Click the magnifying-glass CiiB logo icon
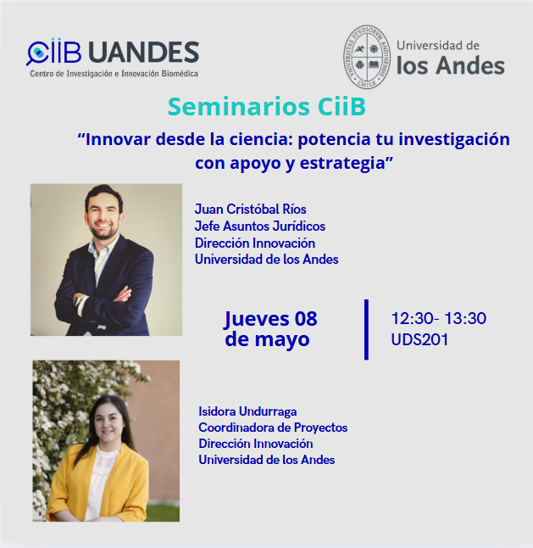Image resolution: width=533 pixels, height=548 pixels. coord(37,53)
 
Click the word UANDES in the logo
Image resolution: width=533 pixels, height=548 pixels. coord(143,53)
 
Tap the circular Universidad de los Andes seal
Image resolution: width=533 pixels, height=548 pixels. coord(367,56)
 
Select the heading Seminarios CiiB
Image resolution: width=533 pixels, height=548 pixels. coord(267,106)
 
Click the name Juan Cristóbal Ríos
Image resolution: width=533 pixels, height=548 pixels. coord(250,209)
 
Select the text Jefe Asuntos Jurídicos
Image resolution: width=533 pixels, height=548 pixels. coord(260,226)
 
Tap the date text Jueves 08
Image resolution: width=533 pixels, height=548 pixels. coord(270,319)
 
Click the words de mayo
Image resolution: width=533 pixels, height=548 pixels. coord(267,339)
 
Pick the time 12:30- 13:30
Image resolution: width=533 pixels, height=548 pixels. coord(439,318)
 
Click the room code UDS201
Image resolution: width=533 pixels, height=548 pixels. coord(419,339)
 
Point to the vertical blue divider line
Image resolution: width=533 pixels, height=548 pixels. coord(366,330)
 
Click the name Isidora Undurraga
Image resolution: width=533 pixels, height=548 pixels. coord(247,411)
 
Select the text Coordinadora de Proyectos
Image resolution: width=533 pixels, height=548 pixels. coord(273,428)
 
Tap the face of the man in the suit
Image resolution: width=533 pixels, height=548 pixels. coord(103,215)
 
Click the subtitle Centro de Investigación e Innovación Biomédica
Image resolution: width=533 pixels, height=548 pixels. coord(114,74)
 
